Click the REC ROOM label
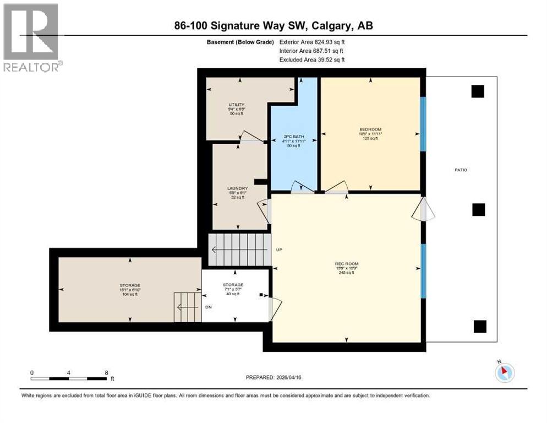(344, 263)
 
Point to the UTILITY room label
(237, 105)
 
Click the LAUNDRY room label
(238, 188)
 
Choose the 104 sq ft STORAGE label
(130, 285)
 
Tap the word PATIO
(461, 170)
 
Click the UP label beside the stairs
(279, 250)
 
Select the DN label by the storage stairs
(209, 307)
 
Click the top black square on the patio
(478, 91)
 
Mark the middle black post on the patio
(479, 209)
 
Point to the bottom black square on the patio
(480, 326)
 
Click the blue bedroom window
(423, 124)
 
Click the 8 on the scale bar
(106, 372)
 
